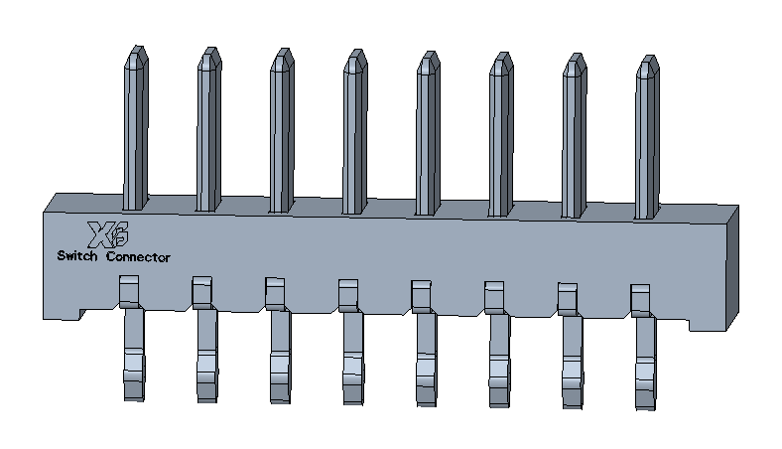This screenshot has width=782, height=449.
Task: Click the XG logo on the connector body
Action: point(108,234)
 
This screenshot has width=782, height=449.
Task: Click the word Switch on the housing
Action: point(77,256)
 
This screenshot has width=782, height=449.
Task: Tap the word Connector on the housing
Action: point(138,257)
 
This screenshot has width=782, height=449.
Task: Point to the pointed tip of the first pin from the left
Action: point(137,47)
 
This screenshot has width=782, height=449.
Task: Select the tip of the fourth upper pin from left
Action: point(356,51)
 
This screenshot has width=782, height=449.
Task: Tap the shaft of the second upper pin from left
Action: point(209,139)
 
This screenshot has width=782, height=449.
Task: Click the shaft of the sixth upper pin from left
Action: point(501,145)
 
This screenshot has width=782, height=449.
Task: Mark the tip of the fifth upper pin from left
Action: point(429,52)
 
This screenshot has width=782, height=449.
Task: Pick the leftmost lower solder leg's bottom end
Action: point(134,398)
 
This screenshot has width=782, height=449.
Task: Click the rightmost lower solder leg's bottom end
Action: point(645,406)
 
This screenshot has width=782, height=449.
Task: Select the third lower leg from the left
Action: point(280,357)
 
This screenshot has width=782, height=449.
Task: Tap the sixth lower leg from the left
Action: point(499,361)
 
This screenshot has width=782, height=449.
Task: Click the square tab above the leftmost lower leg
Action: point(129,291)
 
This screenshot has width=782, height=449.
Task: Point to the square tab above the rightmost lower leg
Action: point(640,300)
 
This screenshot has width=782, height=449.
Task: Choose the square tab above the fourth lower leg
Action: point(348,295)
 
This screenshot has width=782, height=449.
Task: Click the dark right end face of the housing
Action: point(732,267)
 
